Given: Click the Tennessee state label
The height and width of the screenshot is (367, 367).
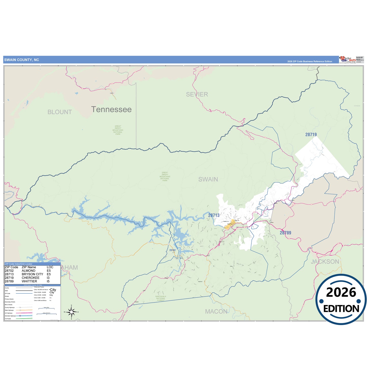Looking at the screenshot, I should point(111,109).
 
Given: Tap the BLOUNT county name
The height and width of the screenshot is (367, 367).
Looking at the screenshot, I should point(60,112).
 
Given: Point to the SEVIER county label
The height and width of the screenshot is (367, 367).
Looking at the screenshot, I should point(197,94).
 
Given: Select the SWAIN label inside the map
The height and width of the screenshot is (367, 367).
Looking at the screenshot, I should point(208,179).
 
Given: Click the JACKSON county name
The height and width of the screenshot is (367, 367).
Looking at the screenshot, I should point(325,262).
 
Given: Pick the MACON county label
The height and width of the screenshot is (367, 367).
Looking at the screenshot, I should point(216,311).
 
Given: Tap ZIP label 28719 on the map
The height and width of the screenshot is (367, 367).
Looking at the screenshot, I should point(311,135).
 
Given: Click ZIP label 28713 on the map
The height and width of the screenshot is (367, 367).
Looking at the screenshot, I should point(214,215).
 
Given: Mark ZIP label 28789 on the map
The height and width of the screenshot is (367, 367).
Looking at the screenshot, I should point(285,233).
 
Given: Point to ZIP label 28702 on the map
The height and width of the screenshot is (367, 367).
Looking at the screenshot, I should point(172,250).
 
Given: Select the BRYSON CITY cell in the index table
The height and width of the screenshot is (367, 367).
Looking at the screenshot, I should point(33,274).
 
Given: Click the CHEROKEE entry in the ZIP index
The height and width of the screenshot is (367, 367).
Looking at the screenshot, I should point(30,278).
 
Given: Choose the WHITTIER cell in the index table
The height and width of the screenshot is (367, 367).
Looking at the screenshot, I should point(29,281).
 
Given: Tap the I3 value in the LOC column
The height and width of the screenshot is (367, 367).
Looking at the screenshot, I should point(48,278).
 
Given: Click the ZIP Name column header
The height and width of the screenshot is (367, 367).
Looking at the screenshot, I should point(29,267).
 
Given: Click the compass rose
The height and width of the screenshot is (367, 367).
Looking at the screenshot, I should point(71,312).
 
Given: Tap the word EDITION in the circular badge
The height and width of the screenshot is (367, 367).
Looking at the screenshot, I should point(341,309).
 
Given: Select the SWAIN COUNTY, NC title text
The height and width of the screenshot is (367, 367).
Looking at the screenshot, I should point(22,60).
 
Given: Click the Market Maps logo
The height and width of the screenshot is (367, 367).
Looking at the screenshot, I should point(347,60).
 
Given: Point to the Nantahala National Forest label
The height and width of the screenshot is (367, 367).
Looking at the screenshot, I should point(161,298).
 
